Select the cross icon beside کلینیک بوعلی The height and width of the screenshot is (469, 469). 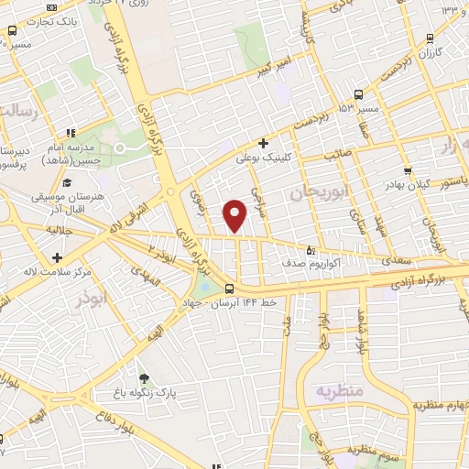coord(263,143)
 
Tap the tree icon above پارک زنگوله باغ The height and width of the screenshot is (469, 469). coord(143,377)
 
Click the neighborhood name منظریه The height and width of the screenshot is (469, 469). coord(341,392)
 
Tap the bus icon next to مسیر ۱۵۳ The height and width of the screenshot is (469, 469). coord(357,93)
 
